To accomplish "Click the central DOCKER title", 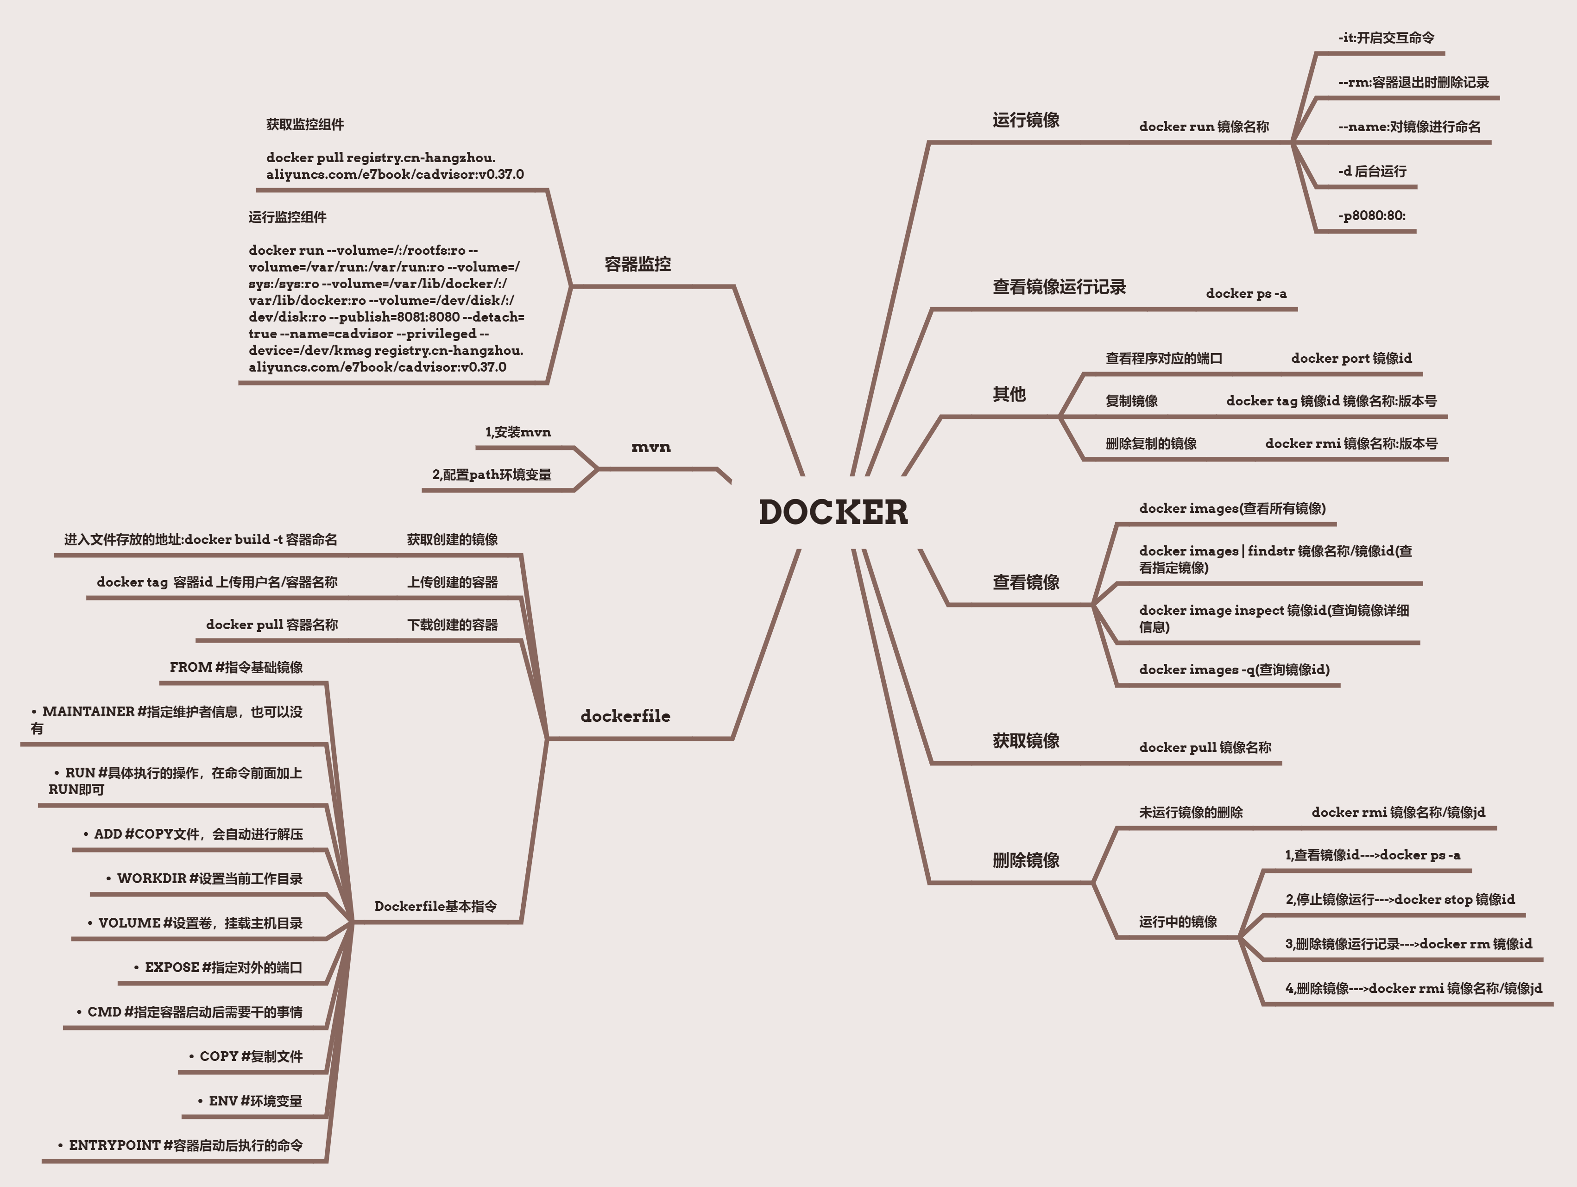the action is [x=833, y=512].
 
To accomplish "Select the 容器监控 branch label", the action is [x=637, y=265].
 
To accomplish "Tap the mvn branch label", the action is [x=651, y=447].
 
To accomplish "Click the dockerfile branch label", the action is [x=625, y=716].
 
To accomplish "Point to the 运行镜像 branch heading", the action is [x=1026, y=120].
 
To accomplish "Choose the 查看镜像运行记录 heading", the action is [x=1059, y=287].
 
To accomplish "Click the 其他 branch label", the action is [x=1009, y=394].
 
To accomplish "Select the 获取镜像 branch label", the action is [x=1026, y=741].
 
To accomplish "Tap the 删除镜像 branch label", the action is [x=1026, y=860].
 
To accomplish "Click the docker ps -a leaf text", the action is [x=1246, y=293].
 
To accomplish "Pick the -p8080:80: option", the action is [x=1372, y=215].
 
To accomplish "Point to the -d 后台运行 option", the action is [x=1372, y=171].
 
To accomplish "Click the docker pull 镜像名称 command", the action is [x=1205, y=747].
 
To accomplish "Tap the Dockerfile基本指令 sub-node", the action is [x=435, y=906].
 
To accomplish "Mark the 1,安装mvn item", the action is [x=518, y=432].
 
